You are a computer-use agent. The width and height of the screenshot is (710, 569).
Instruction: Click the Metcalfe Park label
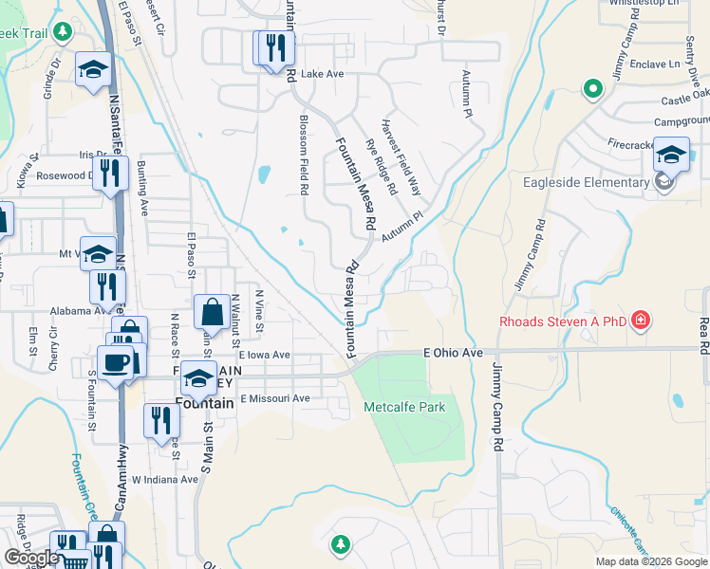point(404,407)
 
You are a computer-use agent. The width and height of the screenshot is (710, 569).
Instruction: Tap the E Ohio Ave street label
point(453,353)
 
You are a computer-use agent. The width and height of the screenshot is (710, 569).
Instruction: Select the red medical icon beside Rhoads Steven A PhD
point(642,321)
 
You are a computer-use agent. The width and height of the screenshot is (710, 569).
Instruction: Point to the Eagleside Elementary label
point(584,182)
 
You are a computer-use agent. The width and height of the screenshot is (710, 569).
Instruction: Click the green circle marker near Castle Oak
point(593,90)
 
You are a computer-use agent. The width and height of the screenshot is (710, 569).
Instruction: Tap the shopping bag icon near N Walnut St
point(211,310)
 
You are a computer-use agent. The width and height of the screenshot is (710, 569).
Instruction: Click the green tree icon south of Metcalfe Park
point(340,544)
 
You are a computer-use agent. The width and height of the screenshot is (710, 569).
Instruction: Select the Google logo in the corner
point(31,559)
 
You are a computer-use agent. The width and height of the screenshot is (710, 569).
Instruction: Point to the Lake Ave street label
point(322,73)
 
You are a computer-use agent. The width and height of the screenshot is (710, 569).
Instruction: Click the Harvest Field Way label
point(400,156)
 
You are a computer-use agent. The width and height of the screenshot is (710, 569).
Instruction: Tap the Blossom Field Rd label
point(304,155)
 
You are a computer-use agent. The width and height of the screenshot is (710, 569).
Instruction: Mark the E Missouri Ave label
point(275,398)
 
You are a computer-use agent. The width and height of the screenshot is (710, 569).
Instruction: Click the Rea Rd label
point(703,336)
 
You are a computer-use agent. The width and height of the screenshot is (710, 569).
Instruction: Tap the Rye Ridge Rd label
point(381,167)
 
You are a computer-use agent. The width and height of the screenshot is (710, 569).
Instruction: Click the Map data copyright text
point(651,561)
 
